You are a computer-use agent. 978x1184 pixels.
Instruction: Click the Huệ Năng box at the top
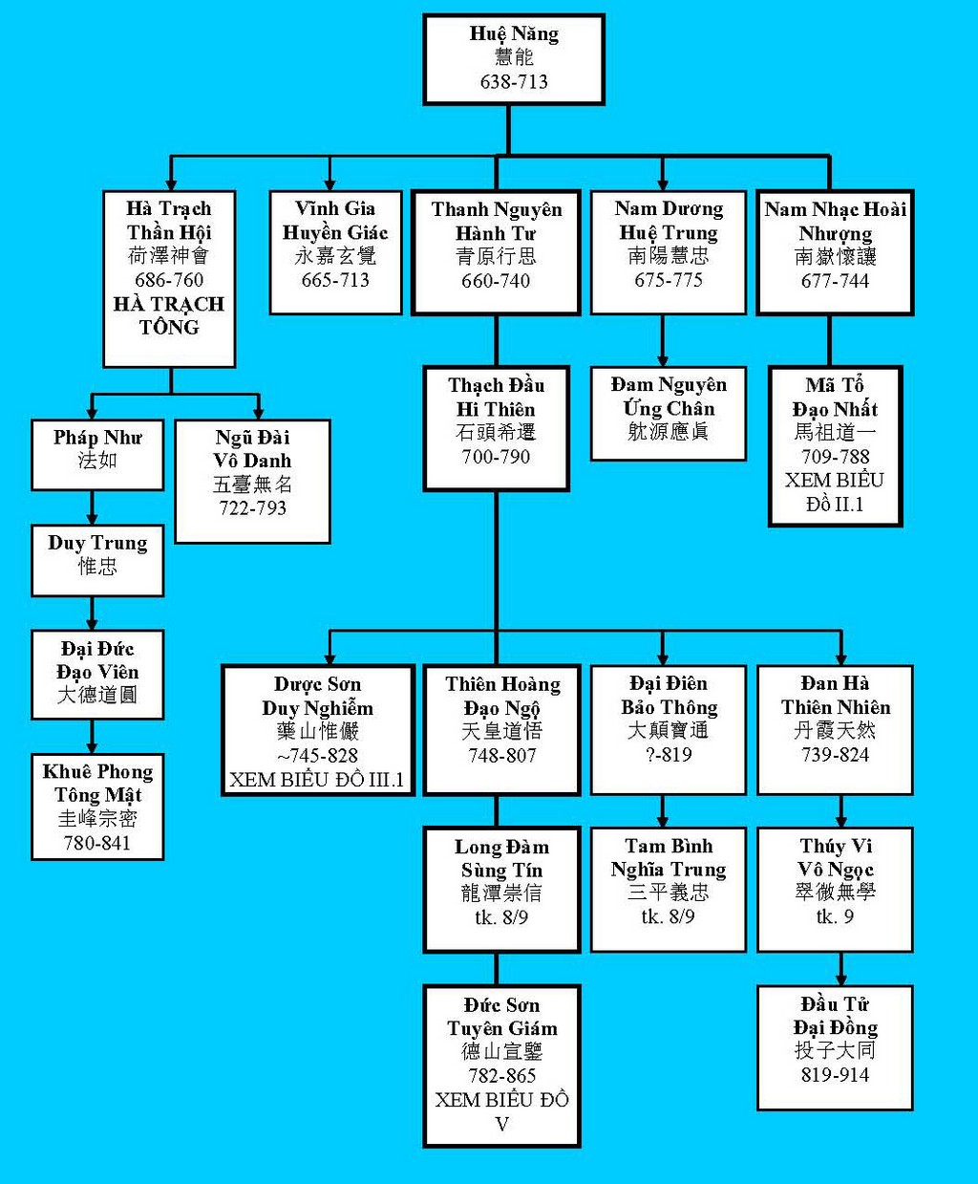coord(514,59)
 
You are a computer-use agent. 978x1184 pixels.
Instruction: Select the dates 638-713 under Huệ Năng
coord(514,81)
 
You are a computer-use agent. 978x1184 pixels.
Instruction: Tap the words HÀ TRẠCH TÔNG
coord(169,316)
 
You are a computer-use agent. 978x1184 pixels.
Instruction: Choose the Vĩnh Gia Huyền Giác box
coord(335,252)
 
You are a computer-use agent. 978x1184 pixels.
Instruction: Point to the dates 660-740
coord(496,281)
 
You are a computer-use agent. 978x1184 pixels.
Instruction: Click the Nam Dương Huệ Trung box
coord(669,252)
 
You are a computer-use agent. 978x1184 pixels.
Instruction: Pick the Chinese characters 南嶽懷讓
coord(835,256)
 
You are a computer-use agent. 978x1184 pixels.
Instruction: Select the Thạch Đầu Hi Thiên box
coord(496,429)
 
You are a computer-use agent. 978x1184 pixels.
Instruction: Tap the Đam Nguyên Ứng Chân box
coord(669,414)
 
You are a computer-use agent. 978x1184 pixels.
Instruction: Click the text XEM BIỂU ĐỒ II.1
coord(835,492)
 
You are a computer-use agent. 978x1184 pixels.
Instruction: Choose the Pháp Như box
coord(97,455)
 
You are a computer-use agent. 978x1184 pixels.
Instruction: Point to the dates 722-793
coord(253,508)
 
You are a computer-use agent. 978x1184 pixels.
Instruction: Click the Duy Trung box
coord(97,560)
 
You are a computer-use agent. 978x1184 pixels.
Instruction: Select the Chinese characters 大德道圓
coord(97,695)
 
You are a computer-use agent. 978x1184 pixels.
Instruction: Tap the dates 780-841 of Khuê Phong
coord(97,843)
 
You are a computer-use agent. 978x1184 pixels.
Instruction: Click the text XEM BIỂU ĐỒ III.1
coord(317,781)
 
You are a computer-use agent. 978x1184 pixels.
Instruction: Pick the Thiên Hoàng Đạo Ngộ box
coord(502,730)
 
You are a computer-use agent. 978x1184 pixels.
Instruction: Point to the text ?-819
coord(669,755)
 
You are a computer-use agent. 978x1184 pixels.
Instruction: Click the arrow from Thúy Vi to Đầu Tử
coord(840,969)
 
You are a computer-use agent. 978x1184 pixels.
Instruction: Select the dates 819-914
coord(835,1074)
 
